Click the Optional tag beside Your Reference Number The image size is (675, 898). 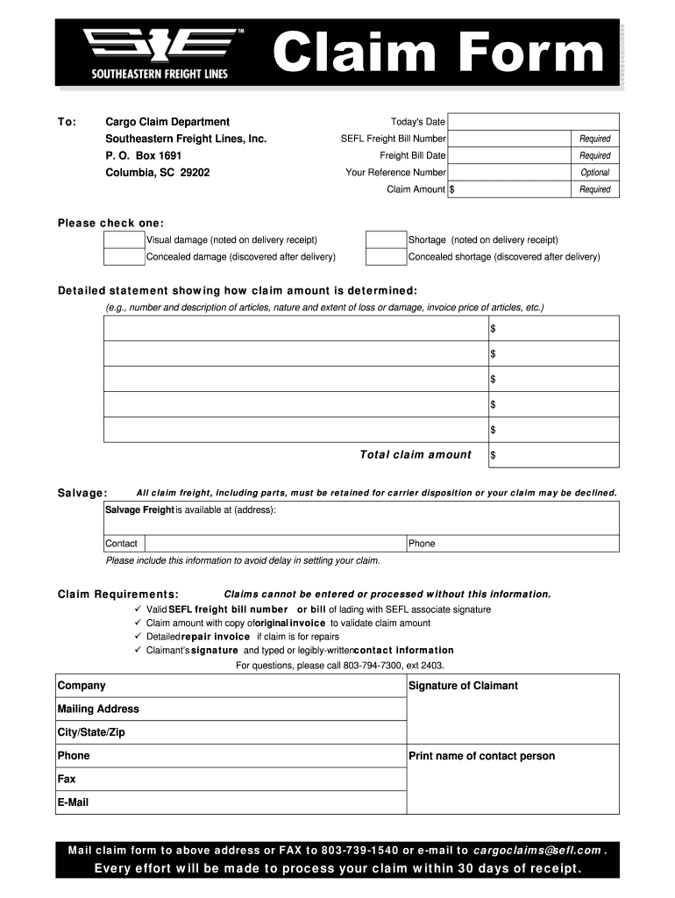(594, 173)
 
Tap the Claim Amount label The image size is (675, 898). (416, 189)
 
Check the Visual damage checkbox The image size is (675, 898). (124, 240)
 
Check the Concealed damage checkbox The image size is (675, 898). (124, 257)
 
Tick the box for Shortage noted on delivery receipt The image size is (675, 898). (386, 240)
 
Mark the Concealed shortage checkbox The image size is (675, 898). (386, 257)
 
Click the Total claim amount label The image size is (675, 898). (416, 455)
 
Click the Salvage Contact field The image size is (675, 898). (254, 544)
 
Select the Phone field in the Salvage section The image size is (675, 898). (513, 544)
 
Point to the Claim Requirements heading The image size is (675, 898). (117, 595)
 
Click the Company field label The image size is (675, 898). (82, 686)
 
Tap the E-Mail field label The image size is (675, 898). (73, 802)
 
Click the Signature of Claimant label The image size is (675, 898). (463, 686)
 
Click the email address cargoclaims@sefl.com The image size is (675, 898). (537, 851)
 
